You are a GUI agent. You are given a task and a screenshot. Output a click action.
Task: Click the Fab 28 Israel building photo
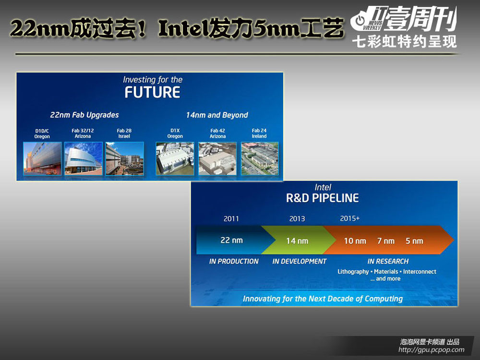(125, 158)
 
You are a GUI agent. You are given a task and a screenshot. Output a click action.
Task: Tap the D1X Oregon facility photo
(175, 158)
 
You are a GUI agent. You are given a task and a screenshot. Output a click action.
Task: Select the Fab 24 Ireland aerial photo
(260, 158)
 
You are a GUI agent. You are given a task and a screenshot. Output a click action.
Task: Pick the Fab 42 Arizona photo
(217, 158)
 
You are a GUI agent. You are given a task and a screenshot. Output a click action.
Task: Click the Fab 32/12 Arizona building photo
(83, 158)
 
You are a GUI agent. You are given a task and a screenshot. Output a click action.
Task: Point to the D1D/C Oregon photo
(42, 158)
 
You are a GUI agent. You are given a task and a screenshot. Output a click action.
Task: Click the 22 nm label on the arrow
(231, 240)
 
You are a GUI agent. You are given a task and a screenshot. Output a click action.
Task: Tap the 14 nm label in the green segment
(297, 241)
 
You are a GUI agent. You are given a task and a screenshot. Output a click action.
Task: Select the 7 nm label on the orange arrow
(386, 241)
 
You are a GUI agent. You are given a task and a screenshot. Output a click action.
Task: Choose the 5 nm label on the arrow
(414, 241)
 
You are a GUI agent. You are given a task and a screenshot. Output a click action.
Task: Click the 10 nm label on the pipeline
(355, 241)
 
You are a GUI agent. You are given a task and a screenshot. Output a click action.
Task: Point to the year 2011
(231, 218)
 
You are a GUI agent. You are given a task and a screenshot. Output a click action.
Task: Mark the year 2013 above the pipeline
(297, 218)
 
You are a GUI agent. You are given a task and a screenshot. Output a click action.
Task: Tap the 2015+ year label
(349, 218)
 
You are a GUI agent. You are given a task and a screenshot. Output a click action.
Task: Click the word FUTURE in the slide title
(152, 92)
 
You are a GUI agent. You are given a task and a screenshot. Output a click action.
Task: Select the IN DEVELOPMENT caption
(300, 261)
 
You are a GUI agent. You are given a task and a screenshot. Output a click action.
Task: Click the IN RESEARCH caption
(388, 261)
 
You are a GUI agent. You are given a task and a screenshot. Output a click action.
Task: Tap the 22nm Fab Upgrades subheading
(84, 115)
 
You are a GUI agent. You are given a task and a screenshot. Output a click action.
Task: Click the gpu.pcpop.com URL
(432, 349)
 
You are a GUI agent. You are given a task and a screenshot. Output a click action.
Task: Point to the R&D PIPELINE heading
(323, 198)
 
